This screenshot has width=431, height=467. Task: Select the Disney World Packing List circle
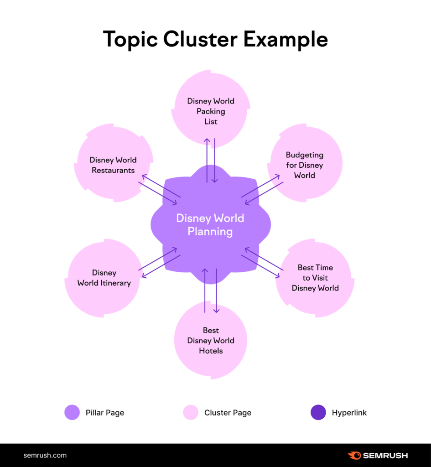tap(211, 111)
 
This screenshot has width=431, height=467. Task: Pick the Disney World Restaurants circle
tap(113, 165)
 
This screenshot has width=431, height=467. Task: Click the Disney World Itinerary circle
tap(104, 278)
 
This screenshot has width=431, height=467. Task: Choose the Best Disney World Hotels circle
tap(211, 340)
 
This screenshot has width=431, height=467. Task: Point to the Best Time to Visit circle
tap(315, 278)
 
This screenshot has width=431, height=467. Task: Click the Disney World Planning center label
tap(210, 225)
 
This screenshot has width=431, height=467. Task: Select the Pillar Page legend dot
tap(72, 412)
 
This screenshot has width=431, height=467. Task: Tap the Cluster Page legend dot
tap(191, 412)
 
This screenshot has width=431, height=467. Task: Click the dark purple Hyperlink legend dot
tap(318, 412)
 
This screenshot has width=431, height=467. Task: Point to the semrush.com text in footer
tap(45, 455)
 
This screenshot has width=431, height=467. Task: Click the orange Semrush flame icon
tap(354, 455)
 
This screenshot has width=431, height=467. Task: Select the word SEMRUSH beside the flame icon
tap(385, 455)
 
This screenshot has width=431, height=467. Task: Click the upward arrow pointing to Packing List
tap(207, 160)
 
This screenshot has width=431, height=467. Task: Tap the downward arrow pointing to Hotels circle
tap(216, 292)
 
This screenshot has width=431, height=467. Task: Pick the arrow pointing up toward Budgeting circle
tap(261, 185)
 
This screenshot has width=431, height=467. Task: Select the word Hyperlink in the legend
tap(349, 413)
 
